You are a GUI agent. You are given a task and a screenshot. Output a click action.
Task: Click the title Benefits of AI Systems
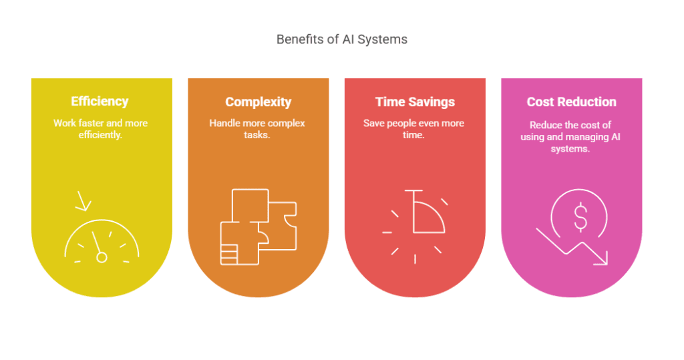(x=342, y=39)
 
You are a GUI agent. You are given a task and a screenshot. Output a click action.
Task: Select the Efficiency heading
(x=100, y=102)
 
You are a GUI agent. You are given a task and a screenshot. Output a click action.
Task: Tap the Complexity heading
(x=259, y=102)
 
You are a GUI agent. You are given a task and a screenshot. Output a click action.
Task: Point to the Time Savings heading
(x=415, y=102)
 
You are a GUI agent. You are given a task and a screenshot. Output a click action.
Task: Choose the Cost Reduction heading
(x=572, y=102)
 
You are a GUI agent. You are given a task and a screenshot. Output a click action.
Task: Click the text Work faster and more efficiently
(x=100, y=129)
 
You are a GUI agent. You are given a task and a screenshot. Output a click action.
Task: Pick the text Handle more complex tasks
(x=257, y=129)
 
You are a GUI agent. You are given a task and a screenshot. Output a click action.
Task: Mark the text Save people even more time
(x=413, y=129)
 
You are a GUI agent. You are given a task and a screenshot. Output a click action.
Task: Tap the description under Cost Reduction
(x=570, y=136)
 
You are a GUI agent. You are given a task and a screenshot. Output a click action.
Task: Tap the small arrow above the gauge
(x=83, y=201)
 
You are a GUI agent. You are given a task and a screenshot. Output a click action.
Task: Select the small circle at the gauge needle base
(x=102, y=257)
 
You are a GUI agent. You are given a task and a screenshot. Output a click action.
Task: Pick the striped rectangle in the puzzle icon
(x=229, y=254)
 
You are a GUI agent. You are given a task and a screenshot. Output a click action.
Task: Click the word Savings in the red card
(x=432, y=102)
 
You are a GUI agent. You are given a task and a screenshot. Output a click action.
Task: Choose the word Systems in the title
(x=383, y=39)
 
